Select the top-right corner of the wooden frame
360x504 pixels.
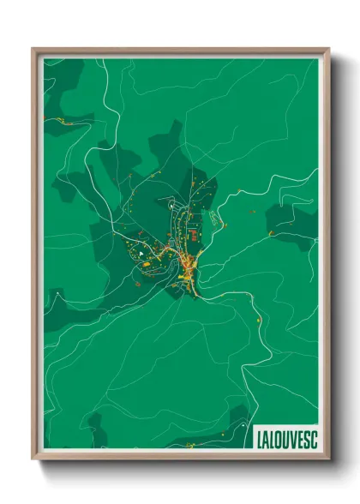coord(327,50)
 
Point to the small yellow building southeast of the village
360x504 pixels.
coord(258,320)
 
